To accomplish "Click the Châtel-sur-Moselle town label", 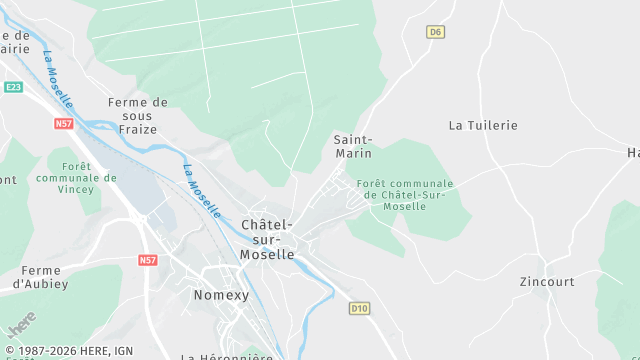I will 267,239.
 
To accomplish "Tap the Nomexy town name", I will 219,295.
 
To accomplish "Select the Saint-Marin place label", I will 352,146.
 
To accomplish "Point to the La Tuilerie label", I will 483,125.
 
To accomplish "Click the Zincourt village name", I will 547,282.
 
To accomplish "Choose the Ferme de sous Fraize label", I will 138,116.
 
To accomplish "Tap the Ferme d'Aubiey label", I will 41,277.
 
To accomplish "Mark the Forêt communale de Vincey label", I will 76,177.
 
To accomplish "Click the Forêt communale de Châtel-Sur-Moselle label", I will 404,194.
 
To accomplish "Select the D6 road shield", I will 434,32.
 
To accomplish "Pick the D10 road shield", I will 359,308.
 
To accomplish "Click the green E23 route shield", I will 13,88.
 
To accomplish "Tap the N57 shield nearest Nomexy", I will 148,260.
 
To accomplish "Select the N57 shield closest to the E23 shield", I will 64,123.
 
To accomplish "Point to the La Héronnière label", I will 226,355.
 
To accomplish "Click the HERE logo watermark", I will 20,326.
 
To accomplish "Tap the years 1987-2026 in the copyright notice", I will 50,351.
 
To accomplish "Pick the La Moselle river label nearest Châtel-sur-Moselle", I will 201,190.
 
